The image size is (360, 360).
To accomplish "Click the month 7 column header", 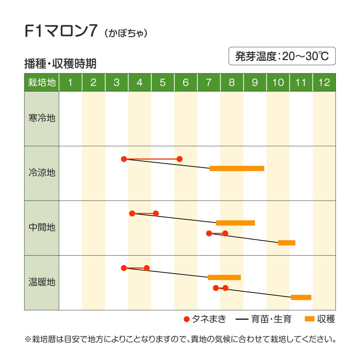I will [209, 82].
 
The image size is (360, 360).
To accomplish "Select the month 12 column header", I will [324, 82].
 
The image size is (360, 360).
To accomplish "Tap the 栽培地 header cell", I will [42, 82].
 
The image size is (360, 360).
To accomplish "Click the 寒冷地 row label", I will [42, 118].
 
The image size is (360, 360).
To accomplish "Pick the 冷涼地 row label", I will [42, 173].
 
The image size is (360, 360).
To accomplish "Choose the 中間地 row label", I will [42, 228].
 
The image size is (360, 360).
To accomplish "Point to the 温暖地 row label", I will [42, 282].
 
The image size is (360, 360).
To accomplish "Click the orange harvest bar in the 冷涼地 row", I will [237, 168].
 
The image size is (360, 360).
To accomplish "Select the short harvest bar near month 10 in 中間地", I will [287, 243].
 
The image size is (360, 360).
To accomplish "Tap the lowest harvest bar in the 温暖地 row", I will [301, 297].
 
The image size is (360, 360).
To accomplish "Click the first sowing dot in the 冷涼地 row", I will [124, 159].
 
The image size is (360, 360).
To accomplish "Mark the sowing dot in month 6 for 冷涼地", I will [180, 159].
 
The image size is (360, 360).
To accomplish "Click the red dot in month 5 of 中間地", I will [156, 213].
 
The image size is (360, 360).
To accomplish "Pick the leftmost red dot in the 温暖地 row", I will [124, 268].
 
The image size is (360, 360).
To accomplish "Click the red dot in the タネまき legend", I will [186, 319].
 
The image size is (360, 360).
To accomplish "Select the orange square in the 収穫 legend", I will [310, 319].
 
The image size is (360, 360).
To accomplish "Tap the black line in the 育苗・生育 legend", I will [244, 319].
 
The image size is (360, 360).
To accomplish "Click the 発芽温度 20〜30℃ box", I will [282, 56].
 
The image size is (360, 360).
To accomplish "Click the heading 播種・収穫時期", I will [60, 64].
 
